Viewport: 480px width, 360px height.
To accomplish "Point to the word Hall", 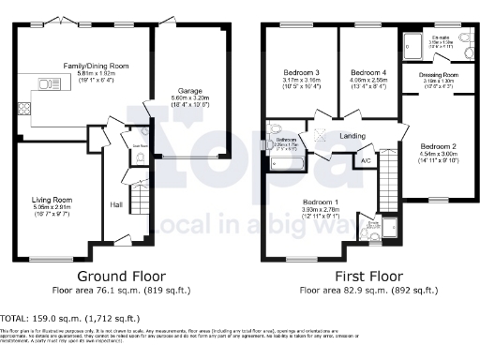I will pyautogui.click(x=116, y=204).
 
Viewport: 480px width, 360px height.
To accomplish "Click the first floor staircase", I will pyautogui.click(x=384, y=200).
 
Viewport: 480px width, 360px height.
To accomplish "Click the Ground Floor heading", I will pyautogui.click(x=122, y=277).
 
